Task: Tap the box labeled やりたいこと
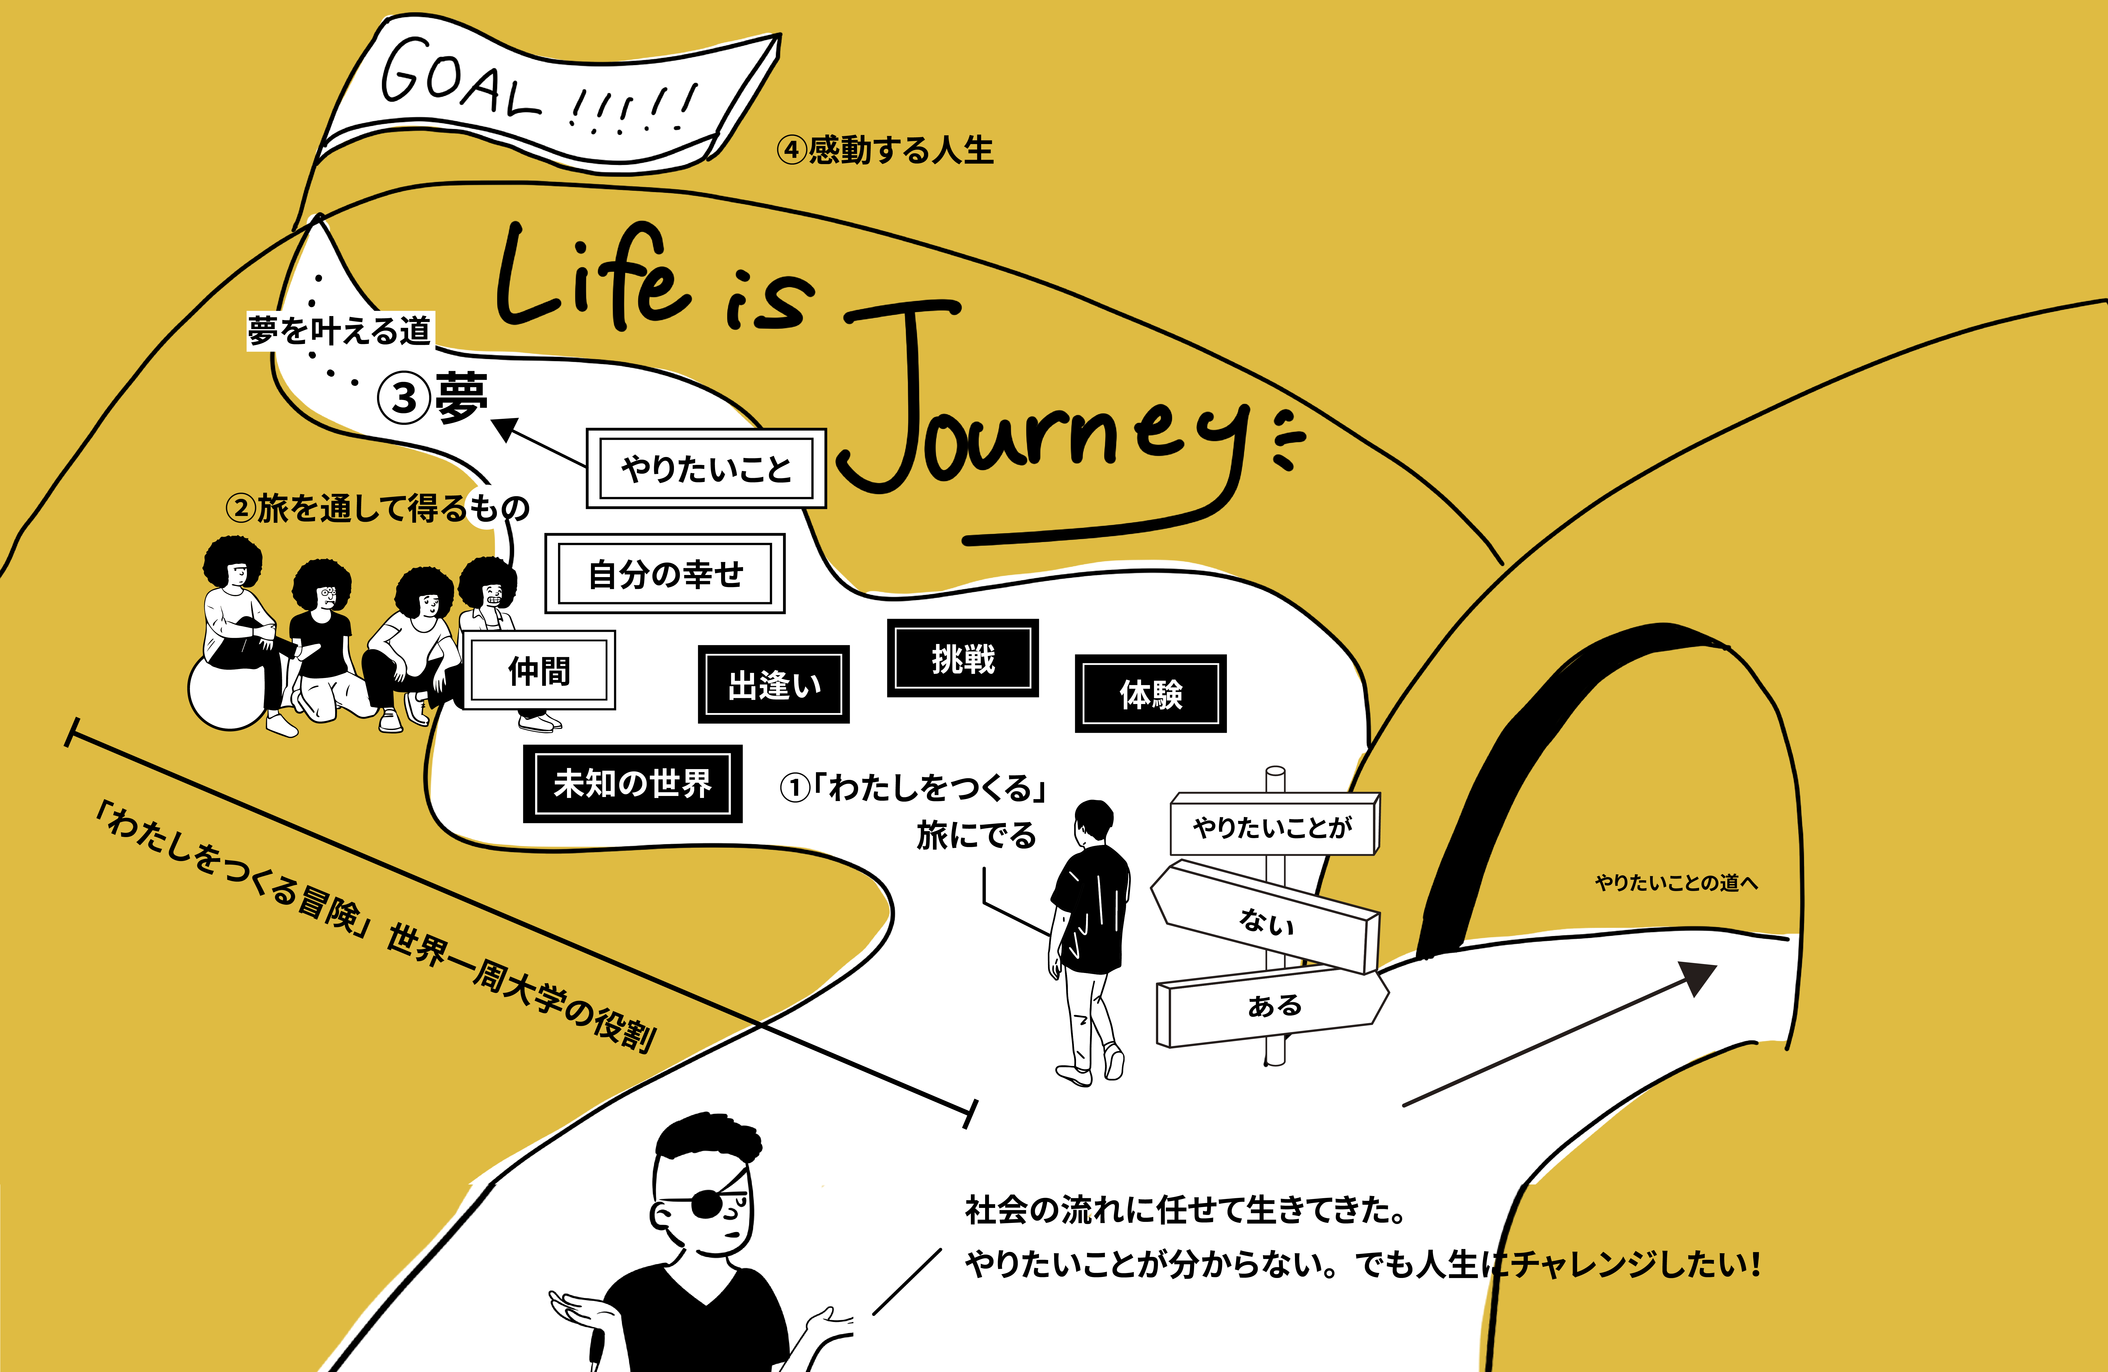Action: point(706,469)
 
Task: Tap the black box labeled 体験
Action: point(1151,694)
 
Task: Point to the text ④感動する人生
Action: point(886,150)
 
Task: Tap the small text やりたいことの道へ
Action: point(1676,882)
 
